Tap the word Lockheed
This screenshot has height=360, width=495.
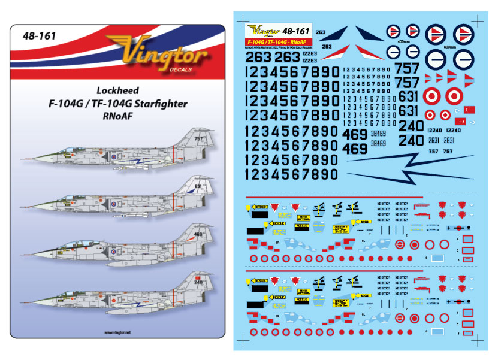[x=118, y=91]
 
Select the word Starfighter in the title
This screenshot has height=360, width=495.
[x=159, y=104]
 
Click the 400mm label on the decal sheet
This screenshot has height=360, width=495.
[x=396, y=42]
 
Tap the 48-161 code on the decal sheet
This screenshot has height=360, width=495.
[x=295, y=31]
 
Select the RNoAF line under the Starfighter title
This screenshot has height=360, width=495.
[x=118, y=117]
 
